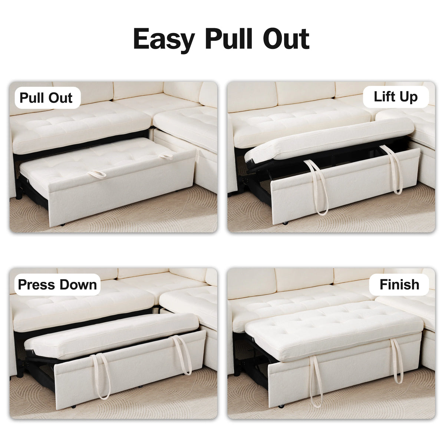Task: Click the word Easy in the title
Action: pos(164,39)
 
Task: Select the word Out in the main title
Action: pos(285,39)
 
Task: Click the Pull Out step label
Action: pos(46,98)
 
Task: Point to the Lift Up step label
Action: pos(396,97)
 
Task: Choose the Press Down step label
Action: pos(57,284)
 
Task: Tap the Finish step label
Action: pos(399,284)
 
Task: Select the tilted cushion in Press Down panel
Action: pos(111,336)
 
